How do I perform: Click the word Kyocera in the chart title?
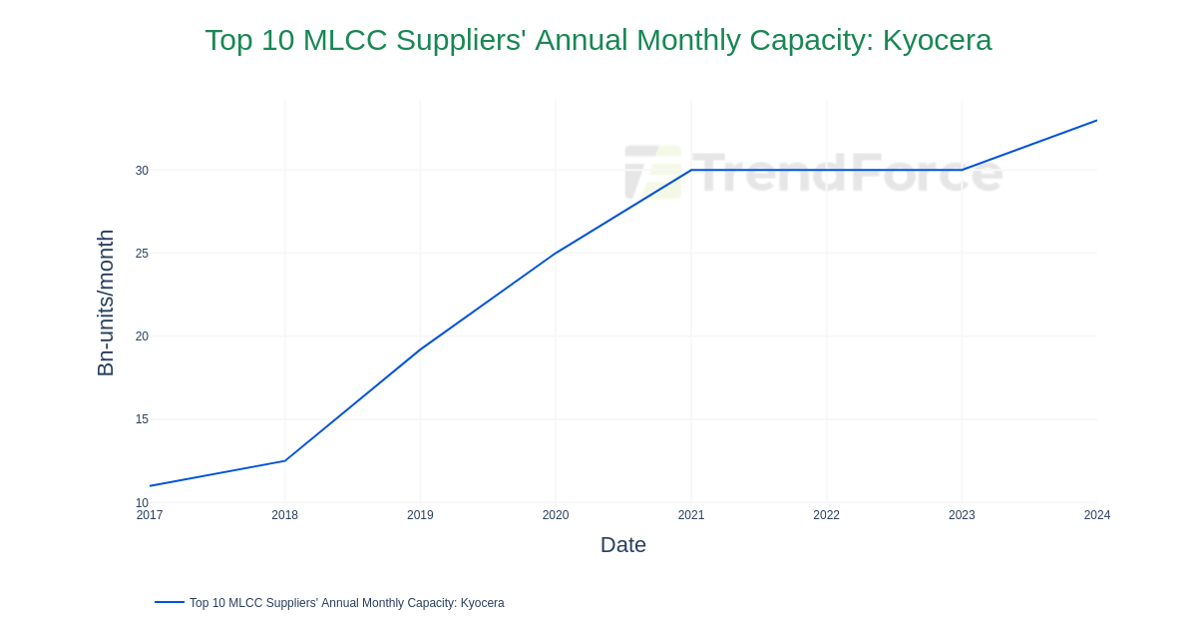(x=937, y=40)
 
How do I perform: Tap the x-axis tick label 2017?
(x=150, y=515)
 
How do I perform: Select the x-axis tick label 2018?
(x=284, y=515)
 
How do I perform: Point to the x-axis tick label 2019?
(x=420, y=515)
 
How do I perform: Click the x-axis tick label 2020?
(x=556, y=515)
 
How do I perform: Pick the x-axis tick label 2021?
(x=691, y=515)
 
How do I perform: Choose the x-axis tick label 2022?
(x=826, y=515)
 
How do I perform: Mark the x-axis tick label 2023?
(x=962, y=515)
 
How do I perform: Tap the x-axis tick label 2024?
(x=1096, y=515)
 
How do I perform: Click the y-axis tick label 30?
(x=142, y=171)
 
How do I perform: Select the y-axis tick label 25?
(x=142, y=254)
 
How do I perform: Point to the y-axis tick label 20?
(x=142, y=336)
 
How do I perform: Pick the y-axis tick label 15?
(x=142, y=419)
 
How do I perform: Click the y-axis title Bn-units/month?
(x=106, y=303)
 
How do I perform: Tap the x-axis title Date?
(x=623, y=545)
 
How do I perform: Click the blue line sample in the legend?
(x=170, y=602)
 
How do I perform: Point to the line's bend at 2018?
(x=285, y=460)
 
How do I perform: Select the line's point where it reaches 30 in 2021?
(x=691, y=170)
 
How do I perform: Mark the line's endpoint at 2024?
(x=1096, y=121)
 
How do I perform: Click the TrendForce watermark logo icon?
(x=653, y=172)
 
